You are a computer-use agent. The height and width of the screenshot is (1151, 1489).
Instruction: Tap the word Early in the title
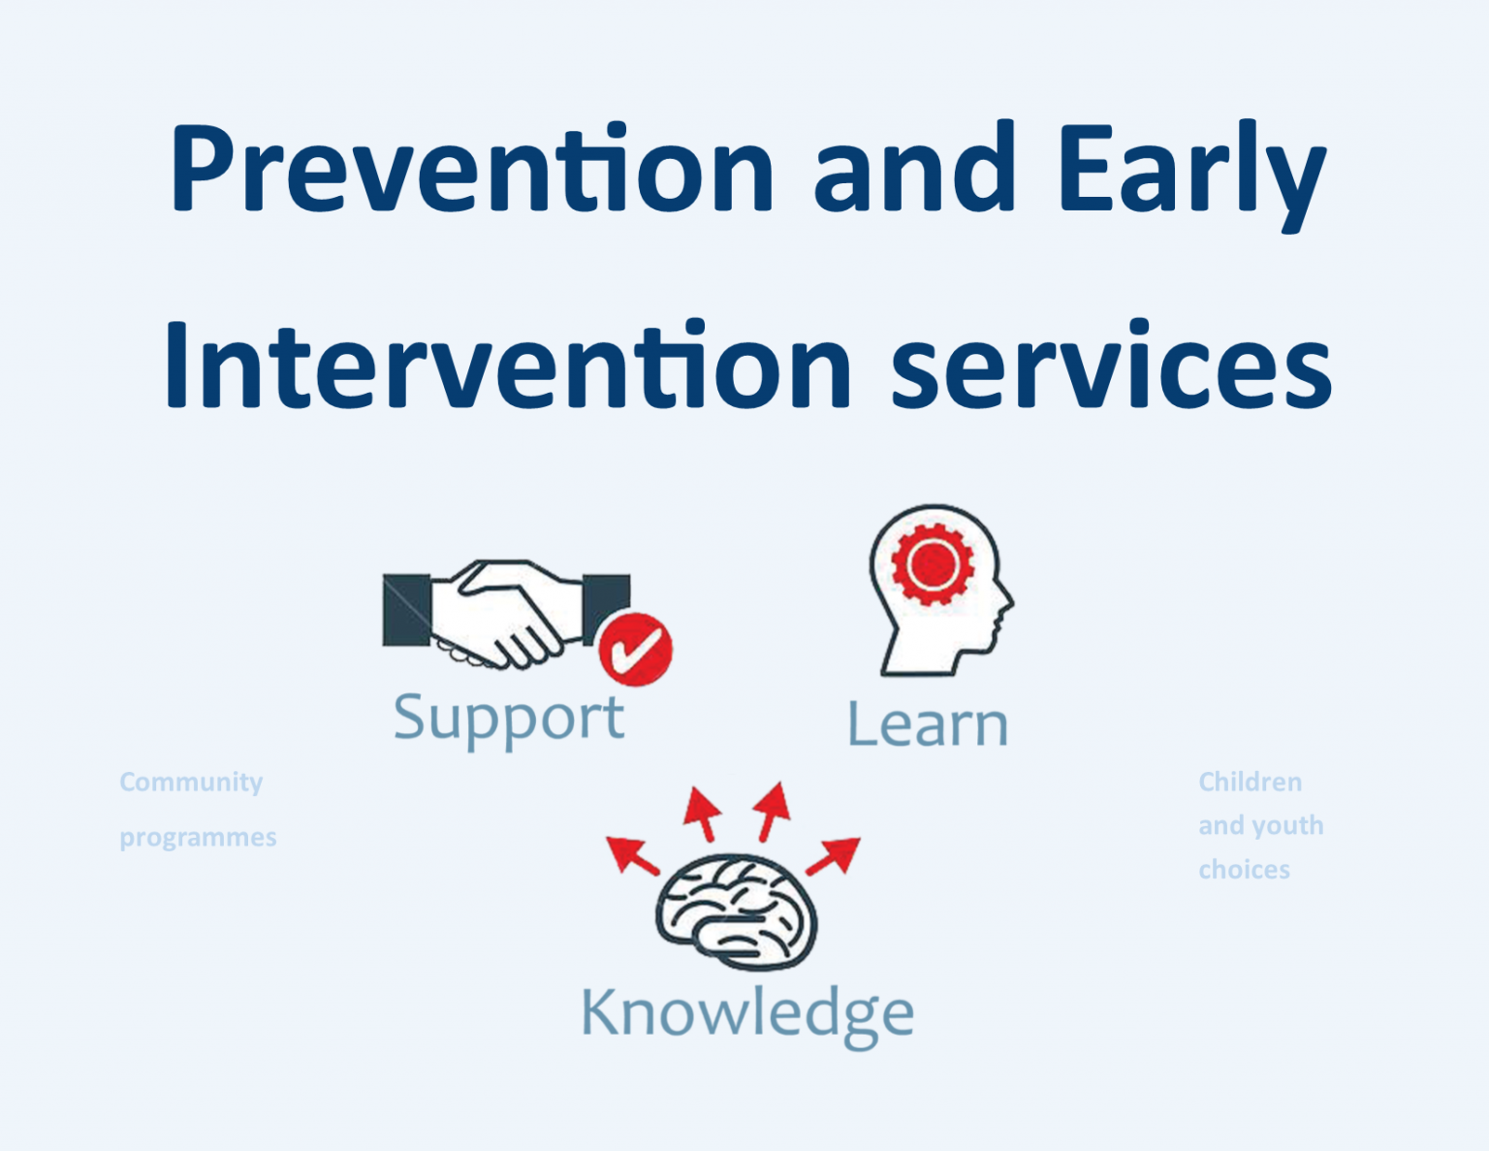pos(1191,170)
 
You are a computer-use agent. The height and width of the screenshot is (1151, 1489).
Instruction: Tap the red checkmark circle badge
pos(635,649)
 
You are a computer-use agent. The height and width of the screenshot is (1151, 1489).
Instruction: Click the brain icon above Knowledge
pos(737,911)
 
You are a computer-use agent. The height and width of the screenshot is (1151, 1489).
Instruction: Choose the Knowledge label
pos(746,1014)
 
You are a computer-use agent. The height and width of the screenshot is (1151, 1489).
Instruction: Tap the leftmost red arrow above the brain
pos(631,854)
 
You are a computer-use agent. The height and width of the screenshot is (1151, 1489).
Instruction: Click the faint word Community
pos(191,782)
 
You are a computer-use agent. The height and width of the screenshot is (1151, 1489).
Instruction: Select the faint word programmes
pos(198,837)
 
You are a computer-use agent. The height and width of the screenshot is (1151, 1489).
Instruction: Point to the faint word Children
pos(1250,782)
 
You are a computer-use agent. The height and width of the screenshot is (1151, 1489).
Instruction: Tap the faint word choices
pos(1244,869)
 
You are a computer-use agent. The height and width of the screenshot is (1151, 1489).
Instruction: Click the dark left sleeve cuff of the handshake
pos(406,611)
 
